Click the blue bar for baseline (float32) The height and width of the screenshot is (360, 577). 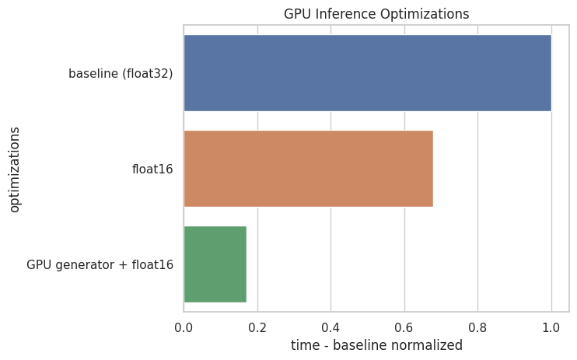pyautogui.click(x=367, y=73)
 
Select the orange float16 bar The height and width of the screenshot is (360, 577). pyautogui.click(x=308, y=169)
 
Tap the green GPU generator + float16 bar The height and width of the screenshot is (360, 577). pyautogui.click(x=215, y=264)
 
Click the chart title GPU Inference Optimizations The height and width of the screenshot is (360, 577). pyautogui.click(x=376, y=13)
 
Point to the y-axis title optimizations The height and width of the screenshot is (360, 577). pyautogui.click(x=14, y=169)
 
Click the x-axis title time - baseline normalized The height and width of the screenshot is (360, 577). pyautogui.click(x=376, y=344)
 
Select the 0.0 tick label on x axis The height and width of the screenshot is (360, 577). pyautogui.click(x=184, y=327)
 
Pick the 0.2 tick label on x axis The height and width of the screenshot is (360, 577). pyautogui.click(x=257, y=327)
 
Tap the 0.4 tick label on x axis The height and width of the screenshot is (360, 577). pyautogui.click(x=330, y=327)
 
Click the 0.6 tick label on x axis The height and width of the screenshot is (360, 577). pyautogui.click(x=404, y=327)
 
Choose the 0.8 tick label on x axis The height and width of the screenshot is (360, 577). pyautogui.click(x=477, y=327)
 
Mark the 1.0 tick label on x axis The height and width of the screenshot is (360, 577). pyautogui.click(x=551, y=327)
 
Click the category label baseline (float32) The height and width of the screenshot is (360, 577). pyautogui.click(x=121, y=74)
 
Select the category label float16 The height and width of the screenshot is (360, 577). pyautogui.click(x=152, y=170)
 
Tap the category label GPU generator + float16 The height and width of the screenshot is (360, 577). pyautogui.click(x=100, y=265)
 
